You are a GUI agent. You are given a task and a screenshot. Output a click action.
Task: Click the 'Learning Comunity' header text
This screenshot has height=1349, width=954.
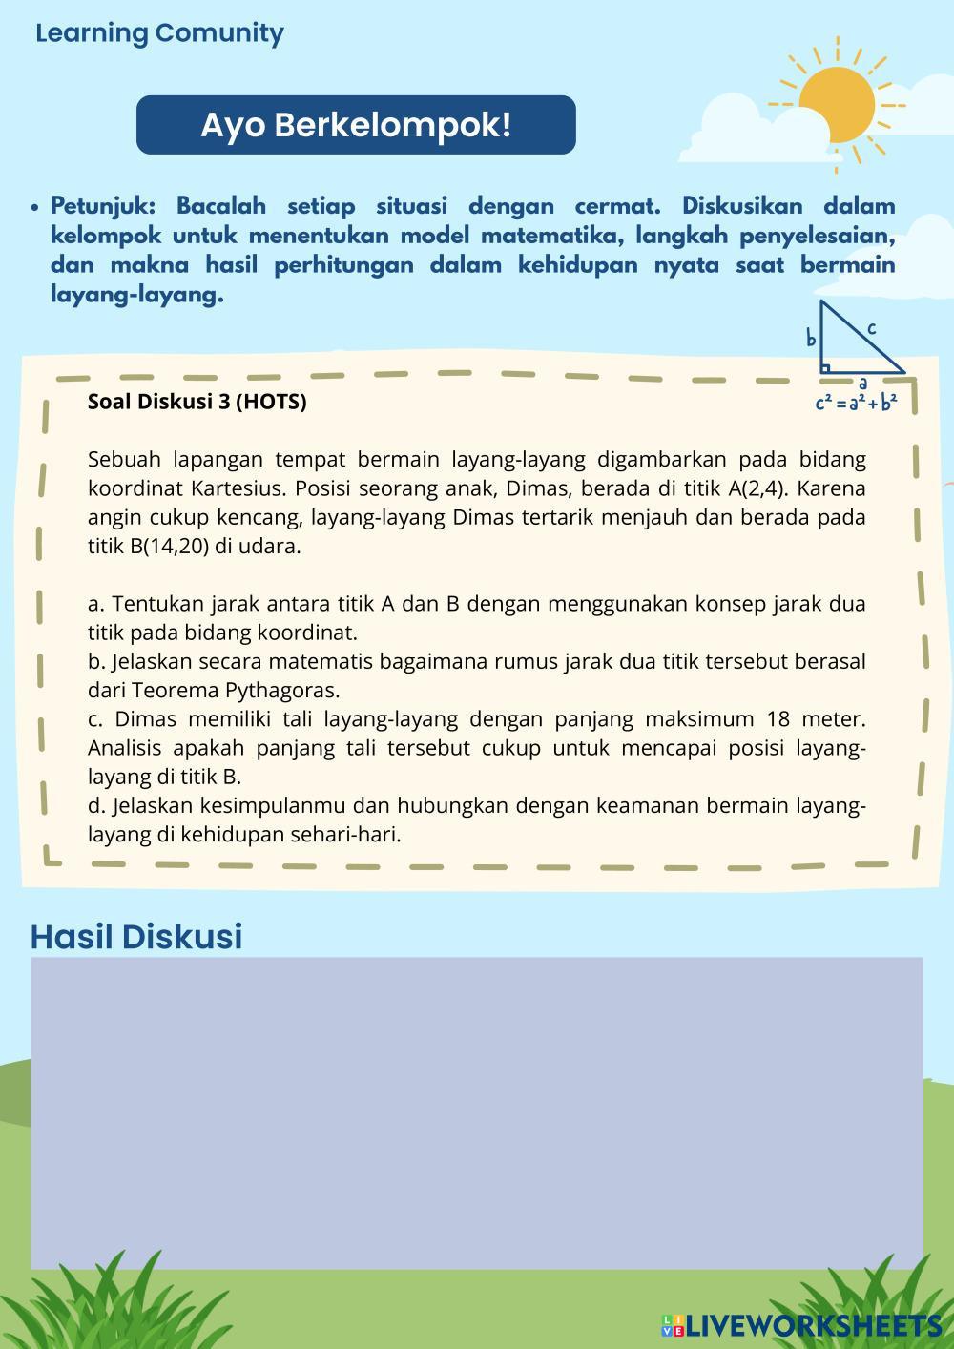click(159, 33)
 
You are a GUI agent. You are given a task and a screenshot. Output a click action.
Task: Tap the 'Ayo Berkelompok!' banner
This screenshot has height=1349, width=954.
click(356, 125)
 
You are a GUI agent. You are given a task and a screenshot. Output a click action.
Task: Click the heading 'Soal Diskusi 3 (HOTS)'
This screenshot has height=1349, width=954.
click(197, 402)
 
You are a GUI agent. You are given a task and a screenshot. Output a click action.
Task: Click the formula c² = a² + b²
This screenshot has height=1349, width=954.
click(856, 403)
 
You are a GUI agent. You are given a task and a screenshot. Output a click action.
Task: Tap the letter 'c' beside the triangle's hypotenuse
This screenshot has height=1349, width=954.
click(872, 328)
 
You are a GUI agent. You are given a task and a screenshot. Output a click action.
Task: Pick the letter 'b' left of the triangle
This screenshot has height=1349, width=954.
click(811, 339)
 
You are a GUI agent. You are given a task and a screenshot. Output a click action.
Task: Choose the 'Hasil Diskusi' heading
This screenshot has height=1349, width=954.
click(136, 936)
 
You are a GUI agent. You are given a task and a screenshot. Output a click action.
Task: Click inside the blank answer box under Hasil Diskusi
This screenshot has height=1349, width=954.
click(476, 1112)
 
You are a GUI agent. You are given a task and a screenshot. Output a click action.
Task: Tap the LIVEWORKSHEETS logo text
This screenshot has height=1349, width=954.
click(813, 1325)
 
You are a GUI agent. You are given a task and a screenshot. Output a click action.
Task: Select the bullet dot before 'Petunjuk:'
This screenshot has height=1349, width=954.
click(35, 207)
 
